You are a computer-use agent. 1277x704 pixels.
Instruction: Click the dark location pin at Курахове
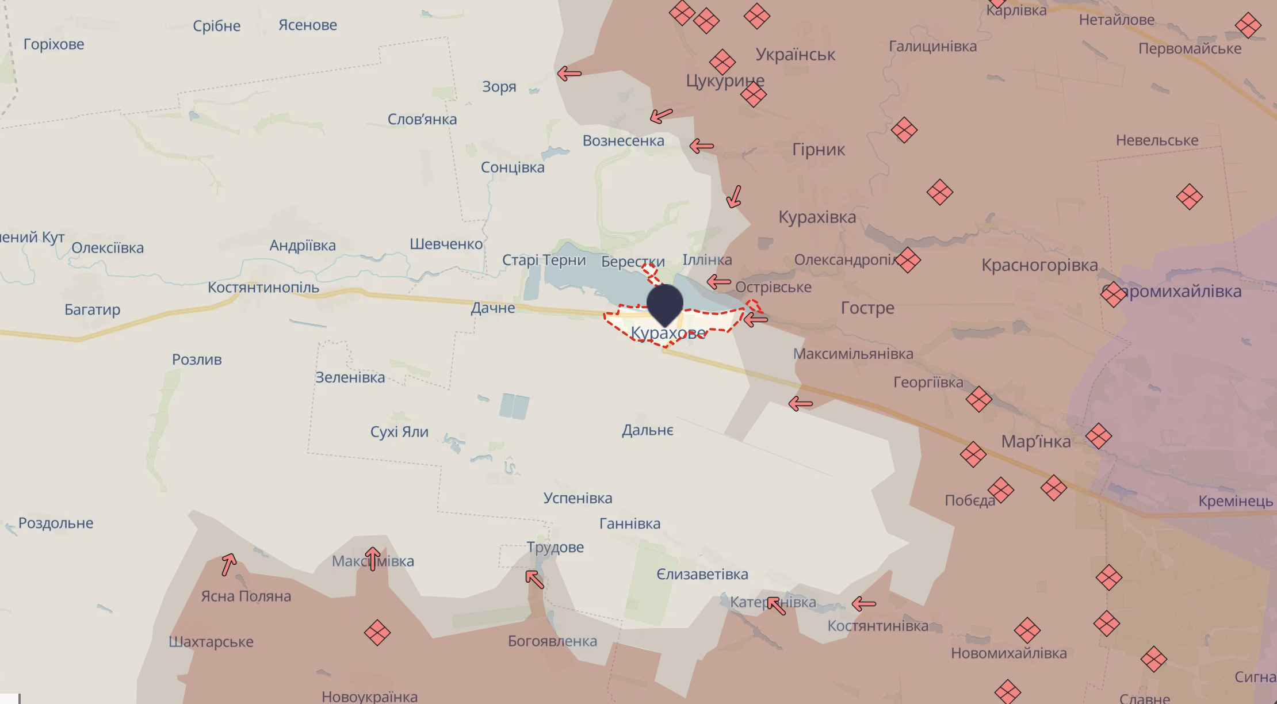click(x=665, y=303)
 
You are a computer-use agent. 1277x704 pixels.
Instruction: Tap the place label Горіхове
click(x=53, y=44)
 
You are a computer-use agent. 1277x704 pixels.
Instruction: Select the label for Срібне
click(x=216, y=26)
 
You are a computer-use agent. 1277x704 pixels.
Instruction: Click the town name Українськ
click(x=795, y=55)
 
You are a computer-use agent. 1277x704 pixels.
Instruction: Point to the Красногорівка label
click(x=1039, y=265)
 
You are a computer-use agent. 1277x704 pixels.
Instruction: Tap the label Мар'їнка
click(x=1035, y=441)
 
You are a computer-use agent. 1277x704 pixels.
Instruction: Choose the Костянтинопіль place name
click(x=263, y=287)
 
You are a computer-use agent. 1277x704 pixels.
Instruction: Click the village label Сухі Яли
click(x=399, y=431)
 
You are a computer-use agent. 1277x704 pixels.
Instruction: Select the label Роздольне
click(x=56, y=523)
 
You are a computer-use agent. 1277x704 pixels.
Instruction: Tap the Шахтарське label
click(x=211, y=641)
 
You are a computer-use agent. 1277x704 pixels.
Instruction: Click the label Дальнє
click(x=647, y=430)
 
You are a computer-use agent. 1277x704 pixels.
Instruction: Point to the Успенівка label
click(x=578, y=498)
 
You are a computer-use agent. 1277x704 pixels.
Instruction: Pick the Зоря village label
click(x=499, y=87)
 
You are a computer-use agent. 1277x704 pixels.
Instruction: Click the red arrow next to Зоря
click(x=569, y=74)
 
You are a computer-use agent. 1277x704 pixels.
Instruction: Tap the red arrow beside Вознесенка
click(x=701, y=146)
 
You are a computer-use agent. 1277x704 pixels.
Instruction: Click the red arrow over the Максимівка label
click(x=373, y=558)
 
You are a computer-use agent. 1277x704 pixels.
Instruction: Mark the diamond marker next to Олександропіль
click(x=908, y=260)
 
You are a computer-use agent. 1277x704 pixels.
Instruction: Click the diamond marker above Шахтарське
click(x=377, y=633)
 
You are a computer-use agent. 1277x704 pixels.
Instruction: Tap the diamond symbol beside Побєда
click(x=1000, y=490)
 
